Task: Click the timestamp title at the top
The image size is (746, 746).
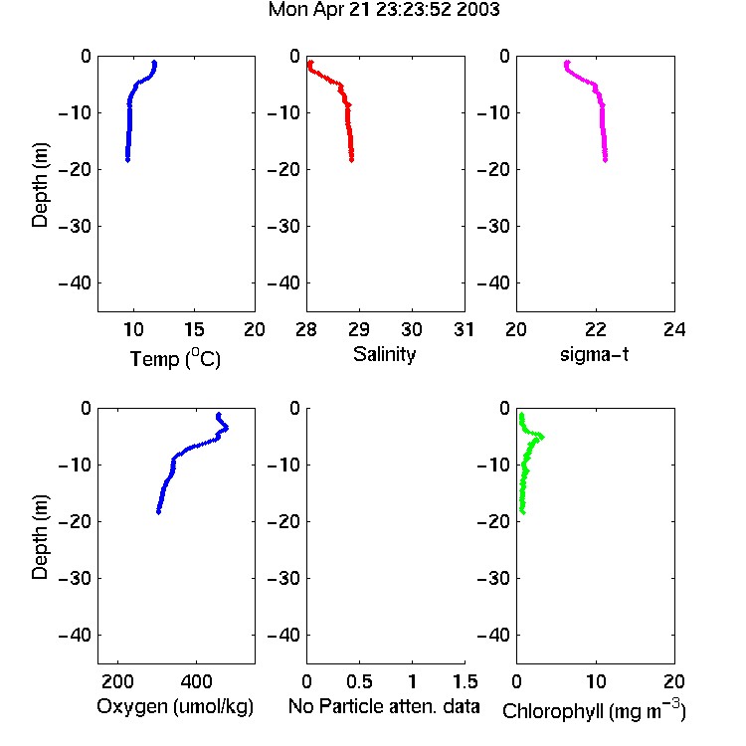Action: [x=384, y=10]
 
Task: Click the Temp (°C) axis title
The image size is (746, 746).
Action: [x=175, y=358]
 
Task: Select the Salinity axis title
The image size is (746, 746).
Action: [x=384, y=354]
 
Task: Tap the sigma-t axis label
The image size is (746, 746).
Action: [x=594, y=354]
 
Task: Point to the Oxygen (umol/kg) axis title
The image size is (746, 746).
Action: [x=175, y=706]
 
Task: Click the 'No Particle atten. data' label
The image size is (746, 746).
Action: [x=384, y=706]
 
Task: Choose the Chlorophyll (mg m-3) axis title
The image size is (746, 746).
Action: [x=594, y=710]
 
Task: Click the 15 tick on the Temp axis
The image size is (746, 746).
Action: [x=194, y=329]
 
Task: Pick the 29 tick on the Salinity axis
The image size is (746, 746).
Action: [x=359, y=329]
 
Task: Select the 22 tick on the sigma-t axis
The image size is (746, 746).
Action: [x=595, y=329]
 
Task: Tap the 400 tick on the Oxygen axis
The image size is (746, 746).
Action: [x=196, y=681]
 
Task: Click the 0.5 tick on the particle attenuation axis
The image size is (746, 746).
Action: [x=359, y=681]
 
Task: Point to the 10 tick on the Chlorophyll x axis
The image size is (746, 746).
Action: [x=595, y=681]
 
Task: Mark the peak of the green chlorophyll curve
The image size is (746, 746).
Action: [x=542, y=437]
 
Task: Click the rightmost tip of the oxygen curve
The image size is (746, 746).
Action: [x=228, y=428]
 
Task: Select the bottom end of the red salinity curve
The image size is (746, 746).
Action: [x=351, y=160]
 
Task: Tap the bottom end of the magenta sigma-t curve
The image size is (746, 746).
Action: [x=605, y=160]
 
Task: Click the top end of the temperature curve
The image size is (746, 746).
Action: [x=154, y=62]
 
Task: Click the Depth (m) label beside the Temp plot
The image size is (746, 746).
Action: [x=40, y=185]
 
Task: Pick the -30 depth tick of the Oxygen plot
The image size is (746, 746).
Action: [x=75, y=579]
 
